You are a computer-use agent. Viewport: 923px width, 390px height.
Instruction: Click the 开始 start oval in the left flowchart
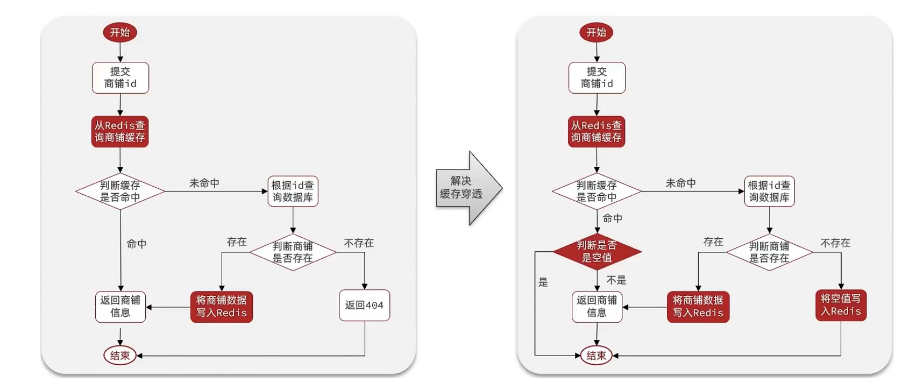tap(120, 32)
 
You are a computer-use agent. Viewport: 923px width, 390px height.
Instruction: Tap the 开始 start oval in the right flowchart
tap(596, 32)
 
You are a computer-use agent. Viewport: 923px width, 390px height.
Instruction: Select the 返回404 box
tap(364, 306)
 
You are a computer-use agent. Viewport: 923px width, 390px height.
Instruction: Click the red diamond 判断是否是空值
tap(597, 251)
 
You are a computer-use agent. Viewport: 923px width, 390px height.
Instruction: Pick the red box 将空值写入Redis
tap(841, 305)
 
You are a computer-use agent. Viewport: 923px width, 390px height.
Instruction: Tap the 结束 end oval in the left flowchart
tap(120, 356)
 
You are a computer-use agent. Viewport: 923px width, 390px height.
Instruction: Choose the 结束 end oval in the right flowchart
tap(597, 356)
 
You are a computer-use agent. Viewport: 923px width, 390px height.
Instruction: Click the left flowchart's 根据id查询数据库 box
tap(293, 192)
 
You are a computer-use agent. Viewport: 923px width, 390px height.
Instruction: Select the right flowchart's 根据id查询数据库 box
tap(769, 192)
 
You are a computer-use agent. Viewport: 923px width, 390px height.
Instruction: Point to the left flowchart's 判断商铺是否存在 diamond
tap(293, 252)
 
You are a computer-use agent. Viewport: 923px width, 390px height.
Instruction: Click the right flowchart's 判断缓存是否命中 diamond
tap(597, 192)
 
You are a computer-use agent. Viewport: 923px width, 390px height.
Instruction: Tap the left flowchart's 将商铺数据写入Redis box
tap(222, 307)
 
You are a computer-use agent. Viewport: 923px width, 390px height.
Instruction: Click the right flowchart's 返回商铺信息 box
tap(597, 307)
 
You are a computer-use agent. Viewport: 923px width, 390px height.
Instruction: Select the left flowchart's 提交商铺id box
tap(120, 77)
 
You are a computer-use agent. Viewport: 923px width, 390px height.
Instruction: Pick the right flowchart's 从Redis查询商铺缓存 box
tap(597, 131)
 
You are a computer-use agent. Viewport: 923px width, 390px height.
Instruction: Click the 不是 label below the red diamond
tap(616, 280)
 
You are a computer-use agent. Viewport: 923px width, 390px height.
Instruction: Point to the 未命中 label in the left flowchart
tap(204, 183)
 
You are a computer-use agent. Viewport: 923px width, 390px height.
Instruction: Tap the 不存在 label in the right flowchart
tap(835, 243)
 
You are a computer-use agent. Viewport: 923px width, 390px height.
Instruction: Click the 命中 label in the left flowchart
tap(137, 244)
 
